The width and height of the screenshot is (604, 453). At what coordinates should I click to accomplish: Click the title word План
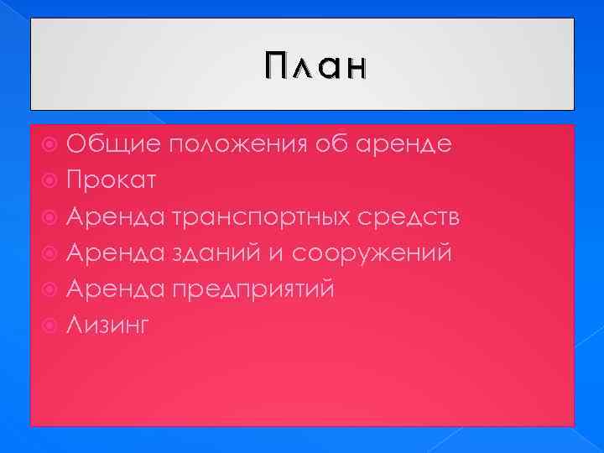[315, 65]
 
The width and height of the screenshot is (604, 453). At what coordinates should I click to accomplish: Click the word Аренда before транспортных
[117, 217]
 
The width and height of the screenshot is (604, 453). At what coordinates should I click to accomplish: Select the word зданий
[218, 253]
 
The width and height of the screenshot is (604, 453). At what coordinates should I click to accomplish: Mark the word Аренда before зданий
[117, 253]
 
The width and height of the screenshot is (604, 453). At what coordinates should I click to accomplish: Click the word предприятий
[253, 289]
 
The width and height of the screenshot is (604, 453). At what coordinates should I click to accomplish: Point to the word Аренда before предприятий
[117, 289]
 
